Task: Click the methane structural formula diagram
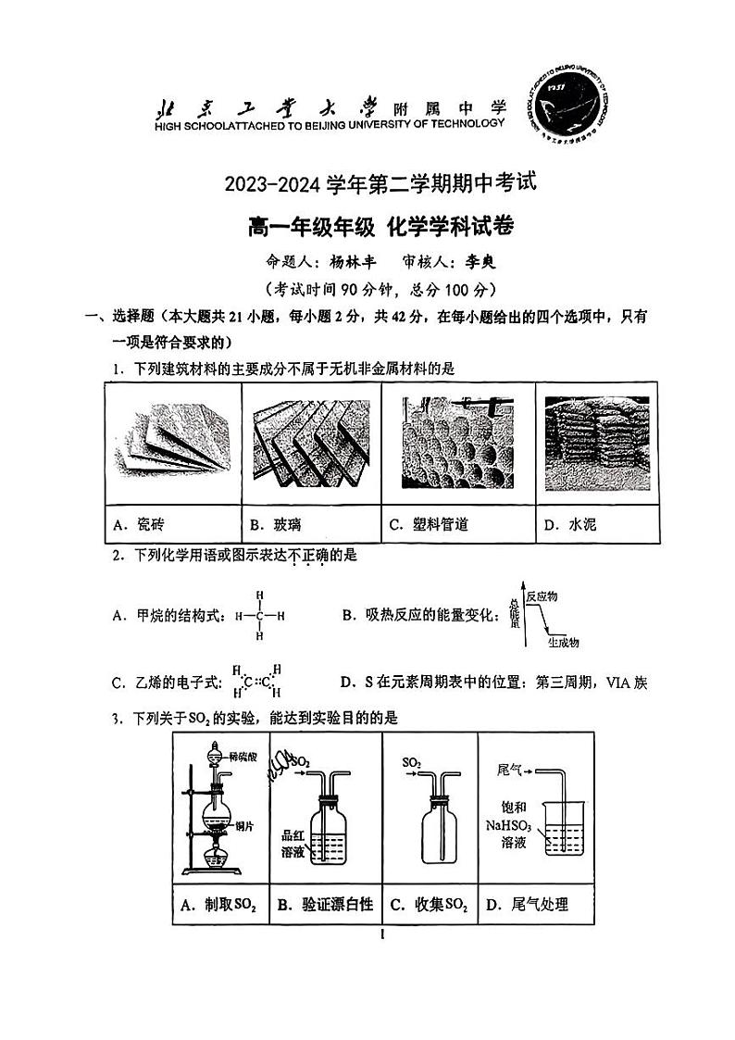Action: [x=259, y=616]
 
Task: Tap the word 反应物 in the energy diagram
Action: [x=542, y=596]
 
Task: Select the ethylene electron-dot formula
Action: [x=253, y=683]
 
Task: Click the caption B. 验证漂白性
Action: [x=326, y=906]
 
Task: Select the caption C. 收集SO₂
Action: [x=429, y=906]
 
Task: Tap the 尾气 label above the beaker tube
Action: [x=512, y=769]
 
